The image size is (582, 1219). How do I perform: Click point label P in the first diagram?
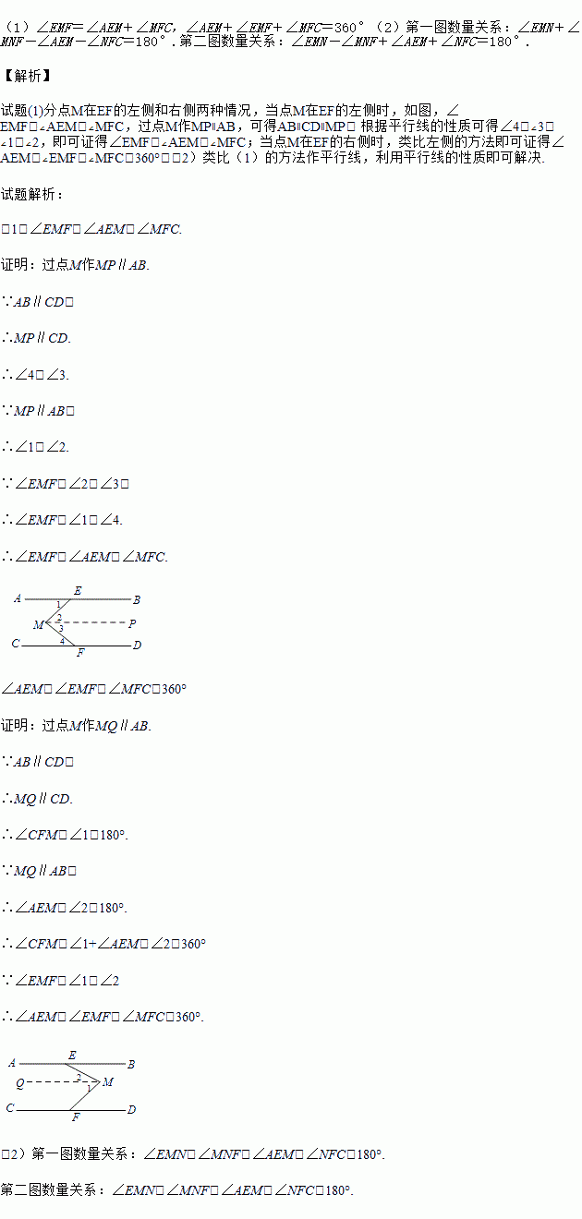pyautogui.click(x=133, y=623)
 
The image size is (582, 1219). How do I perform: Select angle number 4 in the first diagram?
pyautogui.click(x=62, y=640)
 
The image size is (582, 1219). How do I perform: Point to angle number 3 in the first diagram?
pyautogui.click(x=60, y=628)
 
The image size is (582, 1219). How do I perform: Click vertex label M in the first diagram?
pyautogui.click(x=38, y=625)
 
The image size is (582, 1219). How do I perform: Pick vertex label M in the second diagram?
pyautogui.click(x=108, y=1082)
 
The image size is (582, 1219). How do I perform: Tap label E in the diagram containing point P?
pyautogui.click(x=77, y=590)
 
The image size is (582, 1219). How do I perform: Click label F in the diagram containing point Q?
pyautogui.click(x=76, y=1117)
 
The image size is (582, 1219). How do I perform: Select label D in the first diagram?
pyautogui.click(x=137, y=646)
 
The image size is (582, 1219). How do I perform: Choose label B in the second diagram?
pyautogui.click(x=131, y=1064)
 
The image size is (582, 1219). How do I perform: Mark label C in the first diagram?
pyautogui.click(x=15, y=644)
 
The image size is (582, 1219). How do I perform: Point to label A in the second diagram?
pyautogui.click(x=12, y=1064)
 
